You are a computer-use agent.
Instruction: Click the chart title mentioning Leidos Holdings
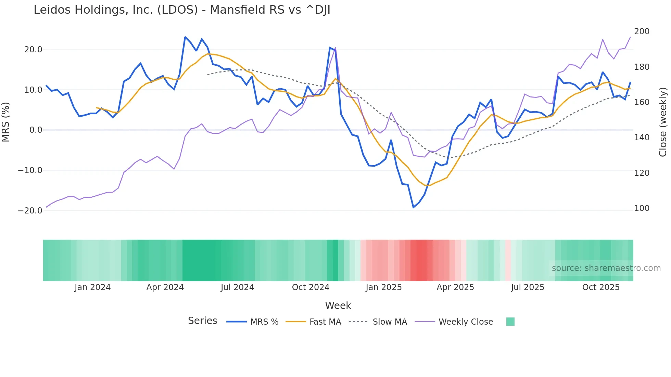tap(182, 10)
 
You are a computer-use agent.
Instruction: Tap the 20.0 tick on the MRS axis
tap(33, 50)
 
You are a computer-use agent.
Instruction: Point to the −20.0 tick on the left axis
tap(30, 211)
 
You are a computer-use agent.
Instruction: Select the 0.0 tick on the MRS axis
tap(36, 130)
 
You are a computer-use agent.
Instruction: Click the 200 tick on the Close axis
tap(642, 31)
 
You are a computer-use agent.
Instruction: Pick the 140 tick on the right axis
tap(642, 138)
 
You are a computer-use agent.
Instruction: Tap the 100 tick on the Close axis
tap(642, 208)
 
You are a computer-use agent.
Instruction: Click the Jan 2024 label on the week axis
tap(92, 287)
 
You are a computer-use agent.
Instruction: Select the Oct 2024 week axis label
tap(311, 287)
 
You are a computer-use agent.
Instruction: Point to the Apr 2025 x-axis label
tap(455, 287)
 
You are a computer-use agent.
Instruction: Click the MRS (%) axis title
tap(6, 122)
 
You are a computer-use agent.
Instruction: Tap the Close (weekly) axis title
tap(663, 122)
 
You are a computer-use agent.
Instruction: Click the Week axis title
tap(338, 305)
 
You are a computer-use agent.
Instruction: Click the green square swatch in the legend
tap(510, 322)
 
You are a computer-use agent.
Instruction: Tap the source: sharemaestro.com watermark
tap(606, 268)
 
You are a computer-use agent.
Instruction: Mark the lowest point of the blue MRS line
tap(414, 207)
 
